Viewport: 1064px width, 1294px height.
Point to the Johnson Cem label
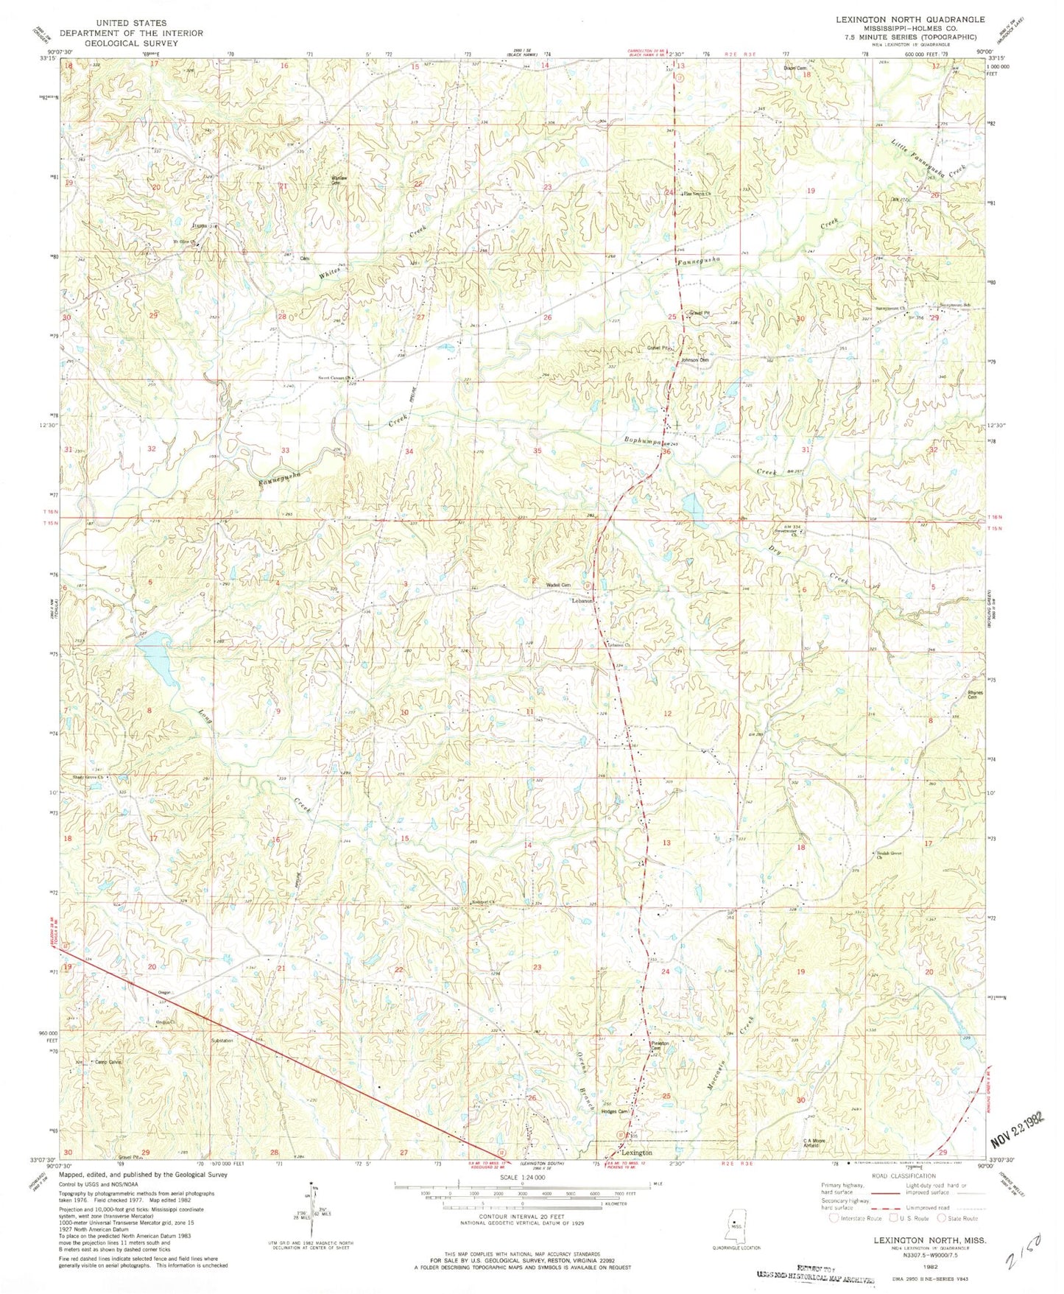pyautogui.click(x=694, y=360)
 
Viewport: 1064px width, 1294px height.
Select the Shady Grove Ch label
pyautogui.click(x=87, y=778)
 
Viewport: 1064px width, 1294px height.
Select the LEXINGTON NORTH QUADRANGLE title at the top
pyautogui.click(x=895, y=20)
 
